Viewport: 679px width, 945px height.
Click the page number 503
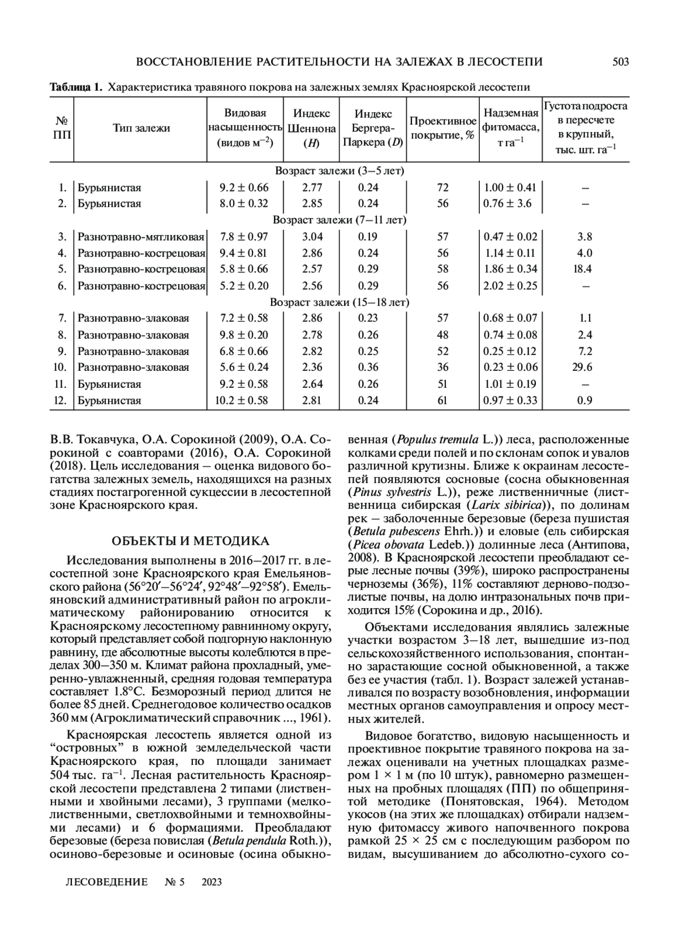click(x=620, y=62)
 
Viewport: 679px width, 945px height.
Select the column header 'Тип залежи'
click(x=141, y=128)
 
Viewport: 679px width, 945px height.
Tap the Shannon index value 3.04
click(x=312, y=237)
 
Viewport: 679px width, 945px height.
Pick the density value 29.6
click(x=582, y=367)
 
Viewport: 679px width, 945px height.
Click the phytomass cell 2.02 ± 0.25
click(x=510, y=285)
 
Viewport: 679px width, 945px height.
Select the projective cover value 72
click(x=442, y=187)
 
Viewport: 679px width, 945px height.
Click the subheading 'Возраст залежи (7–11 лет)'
click(x=339, y=220)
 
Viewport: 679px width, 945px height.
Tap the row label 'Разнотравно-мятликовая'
click(x=141, y=237)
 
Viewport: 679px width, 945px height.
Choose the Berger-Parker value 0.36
click(x=368, y=367)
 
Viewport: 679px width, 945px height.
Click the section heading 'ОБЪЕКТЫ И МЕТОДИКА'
click(x=190, y=541)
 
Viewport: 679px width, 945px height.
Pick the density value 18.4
click(x=582, y=269)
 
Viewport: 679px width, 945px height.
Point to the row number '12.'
click(x=61, y=400)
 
